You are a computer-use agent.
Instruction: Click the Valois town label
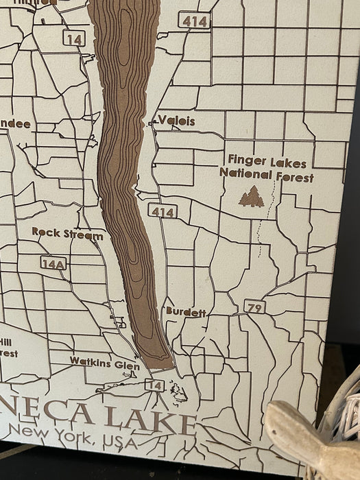pos(176,121)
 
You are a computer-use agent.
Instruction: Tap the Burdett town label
pos(185,311)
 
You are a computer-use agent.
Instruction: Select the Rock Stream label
pos(67,234)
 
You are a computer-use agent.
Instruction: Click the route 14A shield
pos(53,263)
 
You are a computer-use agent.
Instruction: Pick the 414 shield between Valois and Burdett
pos(163,212)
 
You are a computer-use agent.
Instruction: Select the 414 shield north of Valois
pos(194,21)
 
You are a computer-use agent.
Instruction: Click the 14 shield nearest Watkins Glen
pos(154,385)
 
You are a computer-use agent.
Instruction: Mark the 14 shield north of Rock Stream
pos(74,39)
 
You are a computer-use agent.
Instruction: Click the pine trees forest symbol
pos(251,197)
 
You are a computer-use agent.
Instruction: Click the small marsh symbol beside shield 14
pos(178,392)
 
